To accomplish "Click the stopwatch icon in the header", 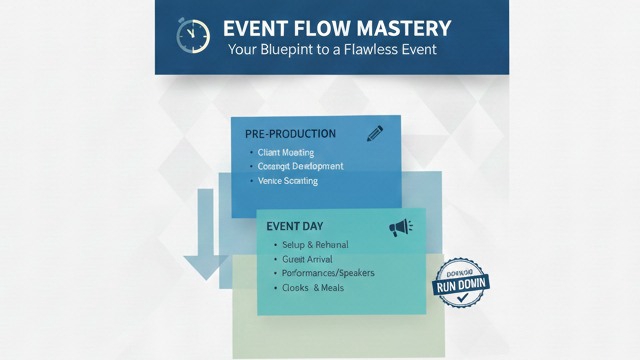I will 192,35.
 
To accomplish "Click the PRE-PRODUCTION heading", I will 290,133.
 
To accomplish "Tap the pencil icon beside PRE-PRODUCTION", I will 375,132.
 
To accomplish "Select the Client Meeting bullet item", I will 286,152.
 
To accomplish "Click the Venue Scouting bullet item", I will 288,181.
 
